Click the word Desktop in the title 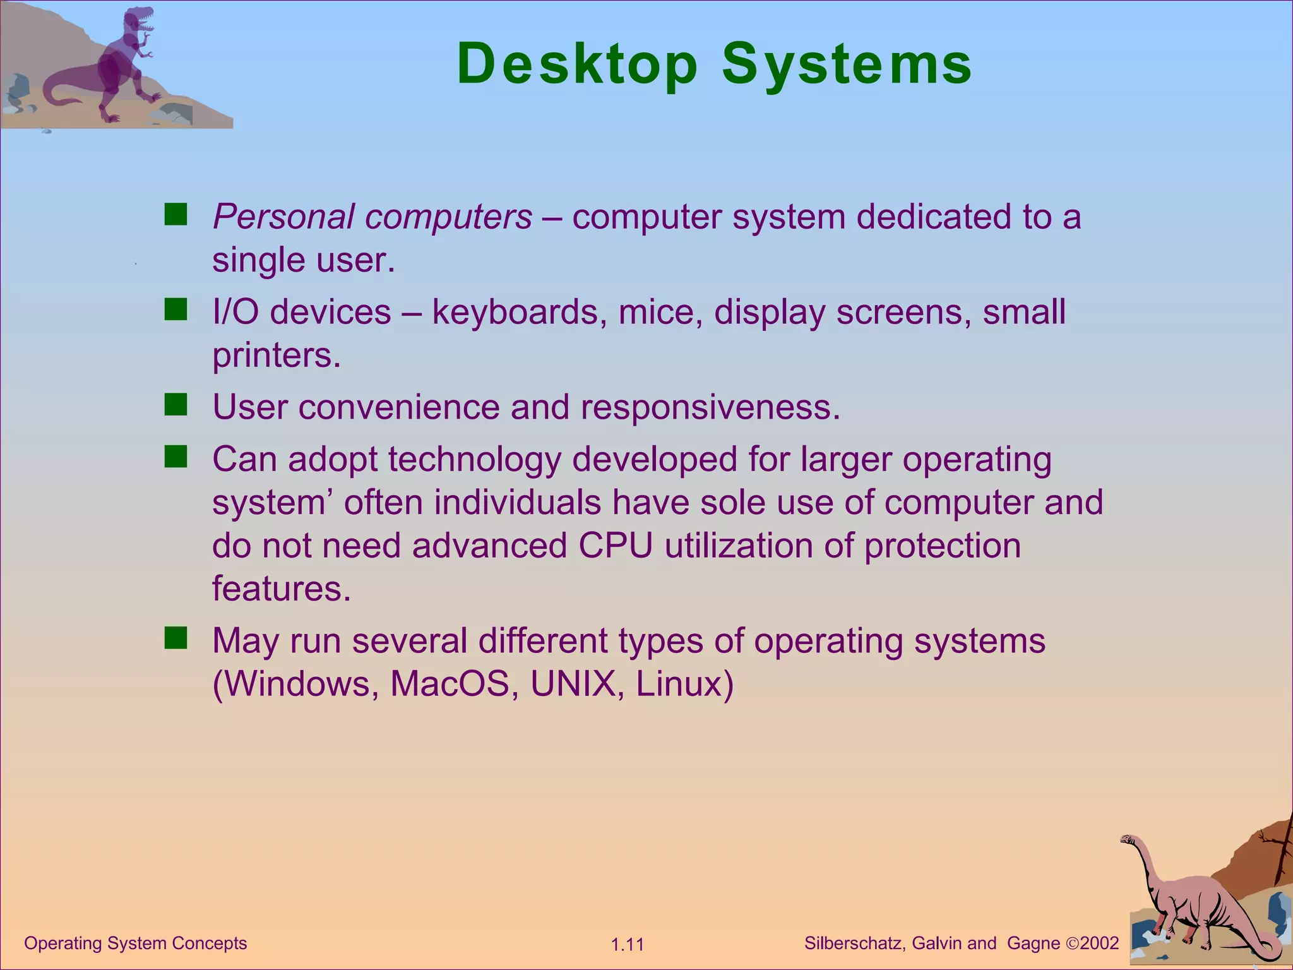pos(577,64)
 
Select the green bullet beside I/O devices pos(176,310)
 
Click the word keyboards pos(515,313)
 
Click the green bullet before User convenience pos(176,405)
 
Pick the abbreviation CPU pos(615,546)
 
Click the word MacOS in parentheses pos(450,684)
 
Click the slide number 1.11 pos(627,945)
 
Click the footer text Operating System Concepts pos(135,943)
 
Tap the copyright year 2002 pos(1099,943)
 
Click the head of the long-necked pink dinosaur pos(1128,839)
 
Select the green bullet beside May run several pos(176,638)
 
